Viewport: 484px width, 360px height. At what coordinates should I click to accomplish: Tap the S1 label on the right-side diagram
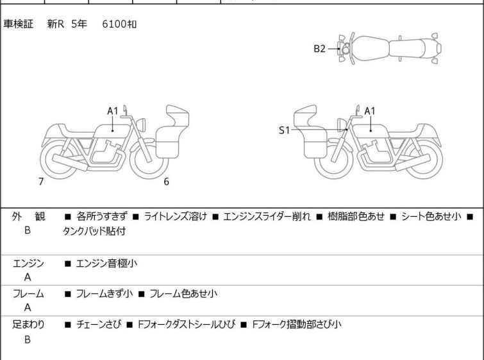point(284,130)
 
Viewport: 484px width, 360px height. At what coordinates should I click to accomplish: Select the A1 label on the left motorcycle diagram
point(112,111)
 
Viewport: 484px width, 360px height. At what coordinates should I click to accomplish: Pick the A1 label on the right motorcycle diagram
point(370,111)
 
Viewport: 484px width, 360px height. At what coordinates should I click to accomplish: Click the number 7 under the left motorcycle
point(41,182)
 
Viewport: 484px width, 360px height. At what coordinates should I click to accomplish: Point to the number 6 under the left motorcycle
point(166,182)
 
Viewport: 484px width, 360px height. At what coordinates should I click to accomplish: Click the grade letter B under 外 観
point(28,229)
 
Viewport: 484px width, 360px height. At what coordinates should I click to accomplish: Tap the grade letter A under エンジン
point(28,277)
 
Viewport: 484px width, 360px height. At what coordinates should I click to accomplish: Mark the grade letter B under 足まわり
point(28,339)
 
